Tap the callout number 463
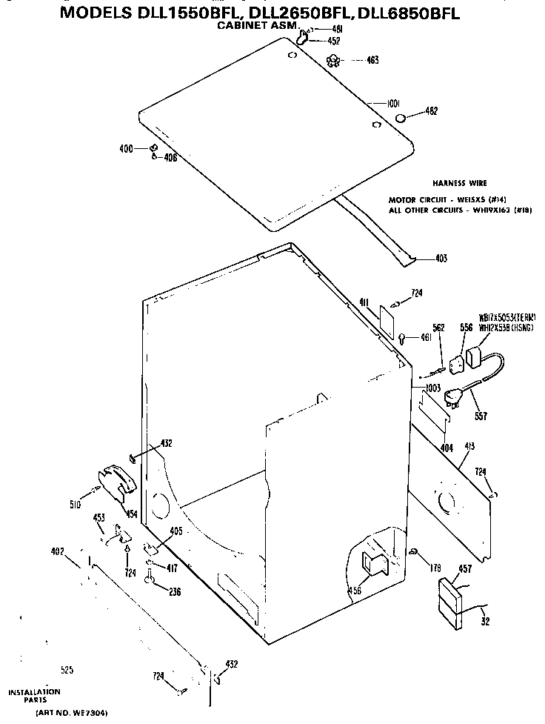pyautogui.click(x=372, y=60)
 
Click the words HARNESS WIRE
pyautogui.click(x=460, y=182)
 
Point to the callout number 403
pyautogui.click(x=441, y=259)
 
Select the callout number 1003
pyautogui.click(x=432, y=388)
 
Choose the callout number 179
pyautogui.click(x=435, y=568)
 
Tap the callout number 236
pyautogui.click(x=174, y=591)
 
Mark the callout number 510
pyautogui.click(x=75, y=505)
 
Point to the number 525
pyautogui.click(x=67, y=670)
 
